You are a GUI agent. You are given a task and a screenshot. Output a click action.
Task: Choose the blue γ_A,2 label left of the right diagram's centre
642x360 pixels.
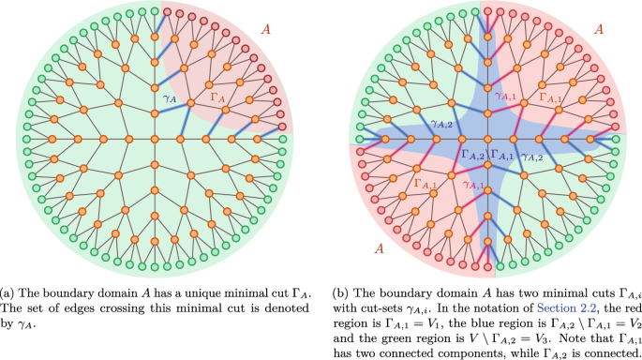(440, 122)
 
